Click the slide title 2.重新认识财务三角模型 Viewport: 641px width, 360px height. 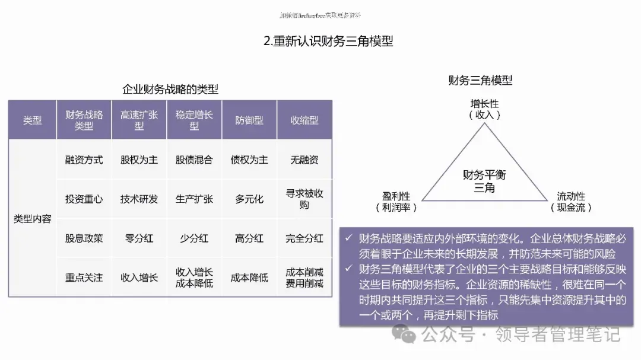point(328,41)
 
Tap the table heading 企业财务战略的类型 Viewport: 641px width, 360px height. point(170,90)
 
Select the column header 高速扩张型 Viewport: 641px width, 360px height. point(139,120)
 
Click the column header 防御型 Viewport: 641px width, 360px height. point(249,120)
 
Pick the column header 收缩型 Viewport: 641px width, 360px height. point(304,120)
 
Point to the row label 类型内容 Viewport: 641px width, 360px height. point(33,219)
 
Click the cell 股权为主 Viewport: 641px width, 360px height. point(139,160)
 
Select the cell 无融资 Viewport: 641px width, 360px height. point(304,160)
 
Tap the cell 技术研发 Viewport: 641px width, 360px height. point(139,199)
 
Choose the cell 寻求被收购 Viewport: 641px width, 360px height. point(304,199)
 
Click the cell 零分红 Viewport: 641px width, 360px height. point(139,238)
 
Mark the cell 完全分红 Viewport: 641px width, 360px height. point(304,238)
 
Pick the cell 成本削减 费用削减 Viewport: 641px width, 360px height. point(304,277)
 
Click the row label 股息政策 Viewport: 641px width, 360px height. point(84,238)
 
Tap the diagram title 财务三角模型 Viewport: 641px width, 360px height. point(480,80)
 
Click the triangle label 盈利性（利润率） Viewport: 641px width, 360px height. point(396,202)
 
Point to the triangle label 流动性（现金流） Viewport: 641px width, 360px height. point(570,202)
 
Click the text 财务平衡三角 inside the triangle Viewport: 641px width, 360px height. point(484,181)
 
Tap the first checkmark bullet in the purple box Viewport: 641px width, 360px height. point(349,238)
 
